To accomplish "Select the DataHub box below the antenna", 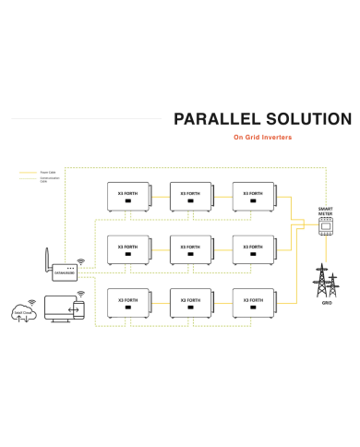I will click(64, 273).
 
